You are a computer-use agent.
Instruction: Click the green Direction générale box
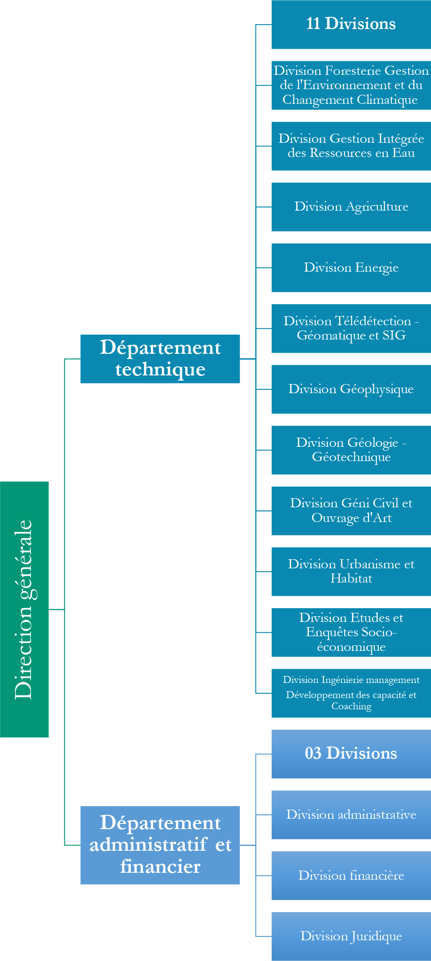[24, 609]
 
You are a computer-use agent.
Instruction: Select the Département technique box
[160, 359]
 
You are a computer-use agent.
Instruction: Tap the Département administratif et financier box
[160, 844]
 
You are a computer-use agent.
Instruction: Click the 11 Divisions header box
[351, 24]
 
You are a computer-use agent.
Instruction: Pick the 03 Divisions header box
[351, 753]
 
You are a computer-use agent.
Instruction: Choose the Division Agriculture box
[351, 207]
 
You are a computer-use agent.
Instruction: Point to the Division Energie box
[351, 267]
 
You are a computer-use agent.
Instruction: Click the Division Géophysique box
[351, 389]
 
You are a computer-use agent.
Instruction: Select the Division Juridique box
[351, 936]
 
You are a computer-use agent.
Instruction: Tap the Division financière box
[351, 875]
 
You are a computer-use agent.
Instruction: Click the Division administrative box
[351, 815]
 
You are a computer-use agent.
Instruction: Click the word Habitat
[351, 579]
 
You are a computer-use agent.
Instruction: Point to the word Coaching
[351, 706]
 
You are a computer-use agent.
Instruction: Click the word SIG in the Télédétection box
[394, 336]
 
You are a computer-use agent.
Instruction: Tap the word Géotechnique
[351, 457]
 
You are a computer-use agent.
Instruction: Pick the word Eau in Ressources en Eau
[403, 153]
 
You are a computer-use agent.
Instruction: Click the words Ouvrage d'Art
[351, 518]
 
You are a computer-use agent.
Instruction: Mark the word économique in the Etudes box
[351, 647]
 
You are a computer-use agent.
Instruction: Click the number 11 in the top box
[313, 24]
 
